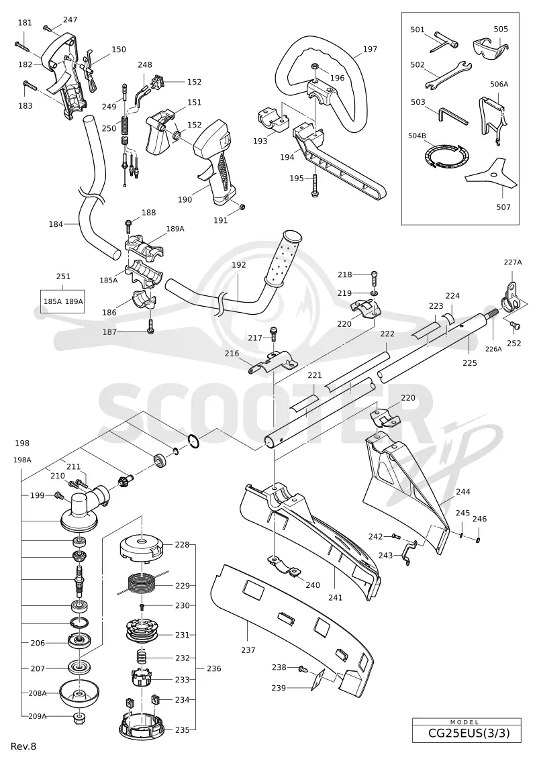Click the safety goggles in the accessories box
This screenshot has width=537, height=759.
[x=490, y=46]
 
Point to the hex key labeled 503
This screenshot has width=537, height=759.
[x=452, y=115]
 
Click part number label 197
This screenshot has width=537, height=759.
[x=370, y=49]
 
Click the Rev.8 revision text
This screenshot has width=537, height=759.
[x=23, y=746]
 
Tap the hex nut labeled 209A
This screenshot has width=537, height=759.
[x=79, y=717]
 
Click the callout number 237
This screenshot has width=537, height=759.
[x=248, y=650]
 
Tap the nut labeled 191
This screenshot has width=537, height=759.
[x=243, y=207]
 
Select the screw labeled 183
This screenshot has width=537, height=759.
[x=30, y=87]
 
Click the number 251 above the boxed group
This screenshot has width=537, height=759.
[x=63, y=276]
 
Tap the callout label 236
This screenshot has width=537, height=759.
[x=213, y=668]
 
